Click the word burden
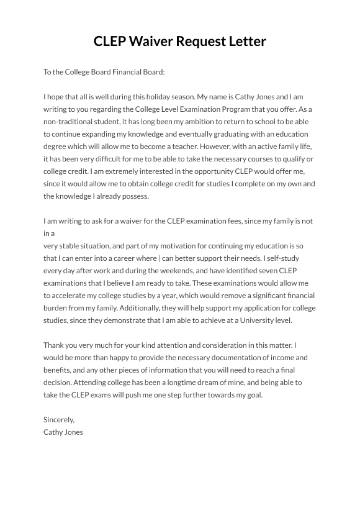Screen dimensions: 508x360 click(x=56, y=308)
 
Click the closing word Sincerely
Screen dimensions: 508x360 click(x=59, y=420)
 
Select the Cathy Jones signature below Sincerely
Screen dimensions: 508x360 click(x=63, y=432)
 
